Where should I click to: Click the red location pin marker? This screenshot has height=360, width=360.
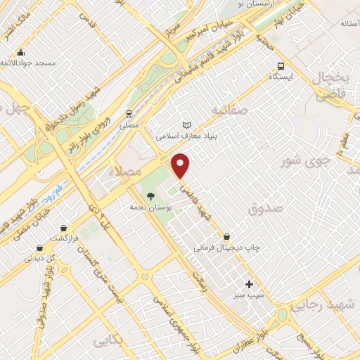coord(181,166)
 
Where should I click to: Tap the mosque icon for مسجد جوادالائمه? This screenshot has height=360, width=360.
coord(21,52)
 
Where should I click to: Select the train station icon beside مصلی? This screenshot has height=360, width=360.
coord(129,113)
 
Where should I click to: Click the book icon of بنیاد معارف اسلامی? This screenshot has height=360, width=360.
coord(186,124)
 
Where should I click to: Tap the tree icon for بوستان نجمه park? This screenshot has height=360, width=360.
coord(151,196)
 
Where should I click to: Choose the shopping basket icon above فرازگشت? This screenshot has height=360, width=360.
coord(64,228)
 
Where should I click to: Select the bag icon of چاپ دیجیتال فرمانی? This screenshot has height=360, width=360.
coord(226,237)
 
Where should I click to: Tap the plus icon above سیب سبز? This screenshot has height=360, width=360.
coord(249,284)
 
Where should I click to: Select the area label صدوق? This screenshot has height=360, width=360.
coord(266,208)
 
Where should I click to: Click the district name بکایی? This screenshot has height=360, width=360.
coord(108,341)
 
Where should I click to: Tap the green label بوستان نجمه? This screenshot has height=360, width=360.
coord(148,208)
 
